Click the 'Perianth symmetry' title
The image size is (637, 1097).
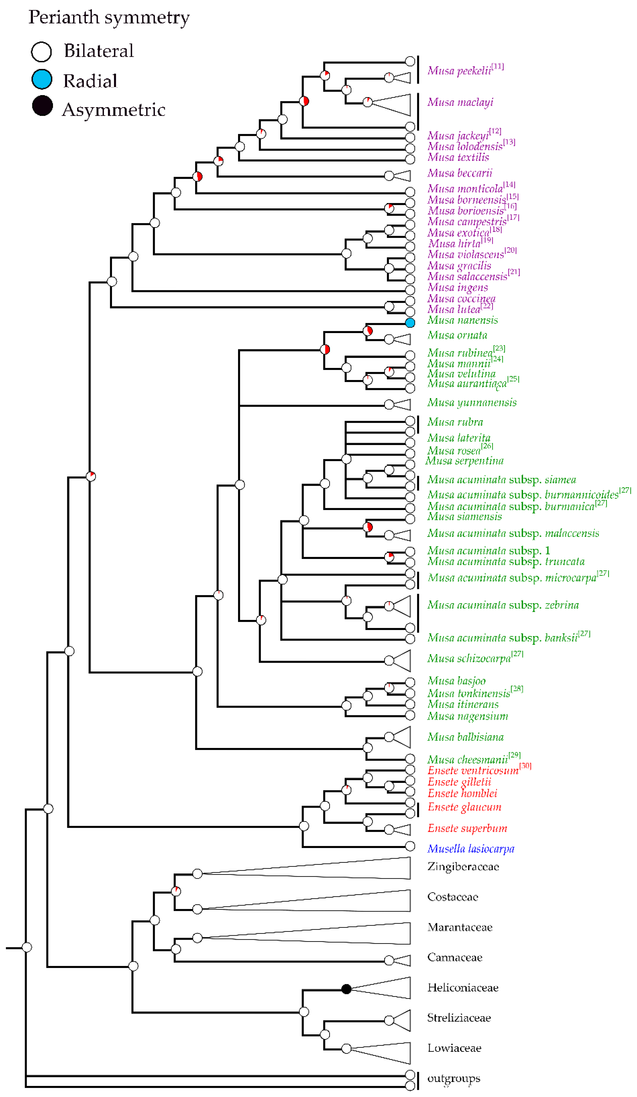point(109,17)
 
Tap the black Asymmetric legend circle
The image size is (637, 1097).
point(42,106)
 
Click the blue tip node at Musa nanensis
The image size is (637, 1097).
point(410,322)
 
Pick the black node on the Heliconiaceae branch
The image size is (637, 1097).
point(346,989)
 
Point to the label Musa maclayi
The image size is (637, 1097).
point(460,102)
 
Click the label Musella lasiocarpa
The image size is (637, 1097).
point(470,848)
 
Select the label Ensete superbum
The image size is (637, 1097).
point(467,828)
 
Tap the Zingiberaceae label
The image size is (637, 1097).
point(463,867)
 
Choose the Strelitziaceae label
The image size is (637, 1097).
point(459,1018)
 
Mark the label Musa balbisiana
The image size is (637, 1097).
point(465,737)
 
